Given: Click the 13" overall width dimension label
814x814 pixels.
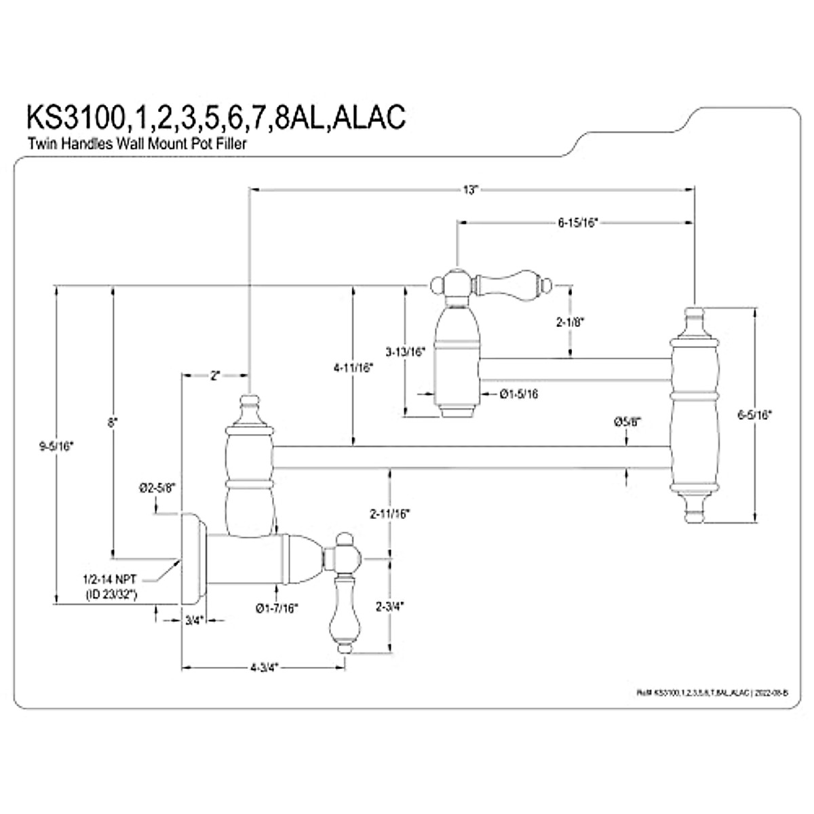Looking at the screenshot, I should [471, 191].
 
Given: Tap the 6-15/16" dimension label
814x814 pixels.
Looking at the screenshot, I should [577, 222].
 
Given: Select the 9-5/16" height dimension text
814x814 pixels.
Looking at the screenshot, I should [57, 446].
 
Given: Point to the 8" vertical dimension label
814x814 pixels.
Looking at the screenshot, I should [113, 421].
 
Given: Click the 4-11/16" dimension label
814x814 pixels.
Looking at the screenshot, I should [353, 368].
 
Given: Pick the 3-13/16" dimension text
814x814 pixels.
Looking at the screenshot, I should [405, 351].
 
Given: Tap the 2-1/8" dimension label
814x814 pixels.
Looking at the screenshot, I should [569, 322].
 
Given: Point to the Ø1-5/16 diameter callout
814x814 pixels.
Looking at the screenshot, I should [519, 393].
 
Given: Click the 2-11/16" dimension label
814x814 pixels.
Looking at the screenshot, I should [390, 513].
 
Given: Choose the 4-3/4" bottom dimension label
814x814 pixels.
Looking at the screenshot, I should [265, 667].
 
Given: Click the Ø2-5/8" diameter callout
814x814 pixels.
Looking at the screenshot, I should [157, 487].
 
